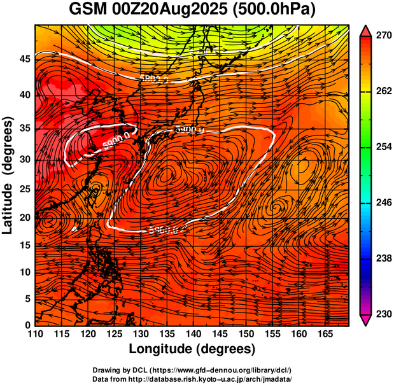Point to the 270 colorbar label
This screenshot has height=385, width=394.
(x=383, y=36)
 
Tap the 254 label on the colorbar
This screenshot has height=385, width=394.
(x=383, y=147)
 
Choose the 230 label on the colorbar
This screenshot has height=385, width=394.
(x=383, y=314)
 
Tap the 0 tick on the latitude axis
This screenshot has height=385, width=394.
(x=28, y=325)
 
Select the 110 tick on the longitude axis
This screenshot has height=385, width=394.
(x=36, y=334)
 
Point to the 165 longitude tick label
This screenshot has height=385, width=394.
(x=327, y=334)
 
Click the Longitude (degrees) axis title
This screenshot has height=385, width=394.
(x=192, y=349)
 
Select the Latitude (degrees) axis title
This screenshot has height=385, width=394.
(x=8, y=175)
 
